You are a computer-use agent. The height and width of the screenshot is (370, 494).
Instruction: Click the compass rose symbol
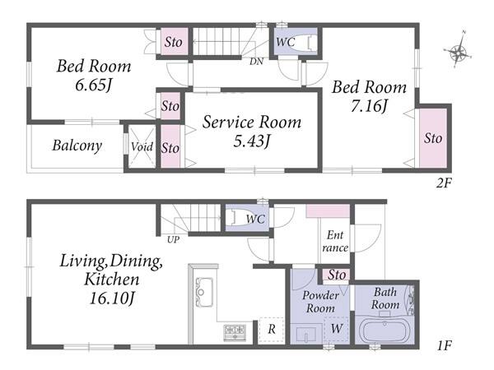point(458,50)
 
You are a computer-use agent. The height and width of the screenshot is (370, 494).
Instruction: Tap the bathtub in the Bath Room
point(384,331)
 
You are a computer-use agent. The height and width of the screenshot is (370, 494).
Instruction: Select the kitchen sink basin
point(204,292)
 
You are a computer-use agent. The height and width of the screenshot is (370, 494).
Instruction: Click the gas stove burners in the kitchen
point(235,332)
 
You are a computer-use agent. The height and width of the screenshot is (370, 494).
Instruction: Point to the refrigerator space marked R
point(271,330)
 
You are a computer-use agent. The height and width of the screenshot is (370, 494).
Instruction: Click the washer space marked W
point(337,329)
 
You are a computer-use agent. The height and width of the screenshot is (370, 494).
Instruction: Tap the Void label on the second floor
point(142,146)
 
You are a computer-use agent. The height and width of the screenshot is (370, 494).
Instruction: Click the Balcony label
point(77,146)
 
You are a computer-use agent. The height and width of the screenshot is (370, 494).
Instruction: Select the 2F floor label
point(444,183)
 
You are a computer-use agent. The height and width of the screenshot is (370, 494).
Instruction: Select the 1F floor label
point(444,346)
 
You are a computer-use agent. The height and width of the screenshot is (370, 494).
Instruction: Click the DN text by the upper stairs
point(256,62)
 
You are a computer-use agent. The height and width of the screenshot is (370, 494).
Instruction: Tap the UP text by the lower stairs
point(173,240)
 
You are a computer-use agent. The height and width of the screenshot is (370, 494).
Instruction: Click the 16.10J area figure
point(113,298)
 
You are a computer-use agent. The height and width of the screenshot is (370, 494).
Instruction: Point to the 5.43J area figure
point(251,141)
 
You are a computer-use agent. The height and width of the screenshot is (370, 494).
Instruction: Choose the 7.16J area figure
point(369,105)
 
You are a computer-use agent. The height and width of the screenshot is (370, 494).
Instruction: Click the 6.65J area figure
point(94,85)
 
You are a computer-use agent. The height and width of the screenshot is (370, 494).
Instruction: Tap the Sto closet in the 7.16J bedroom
point(433,138)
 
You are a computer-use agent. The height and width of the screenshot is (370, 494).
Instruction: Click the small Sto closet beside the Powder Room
point(336,275)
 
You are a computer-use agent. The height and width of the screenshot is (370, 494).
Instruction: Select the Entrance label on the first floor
point(335,241)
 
